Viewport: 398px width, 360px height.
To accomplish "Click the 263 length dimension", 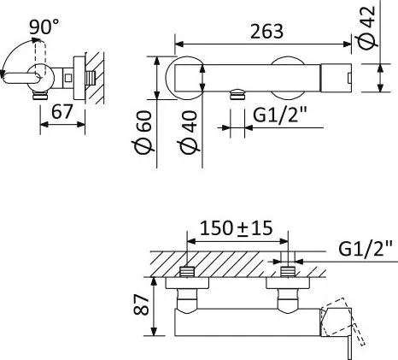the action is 266,32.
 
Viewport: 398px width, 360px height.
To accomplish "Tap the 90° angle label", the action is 44,27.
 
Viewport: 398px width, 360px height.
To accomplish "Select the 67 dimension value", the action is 62,112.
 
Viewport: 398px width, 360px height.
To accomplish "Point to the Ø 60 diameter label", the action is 143,132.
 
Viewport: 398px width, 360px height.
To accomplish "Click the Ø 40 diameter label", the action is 188,132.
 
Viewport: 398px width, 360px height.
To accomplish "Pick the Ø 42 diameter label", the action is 367,27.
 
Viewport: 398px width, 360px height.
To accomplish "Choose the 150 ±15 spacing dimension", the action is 237,228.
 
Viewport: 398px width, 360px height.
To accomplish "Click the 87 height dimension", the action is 142,304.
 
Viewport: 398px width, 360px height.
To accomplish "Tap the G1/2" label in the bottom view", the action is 366,249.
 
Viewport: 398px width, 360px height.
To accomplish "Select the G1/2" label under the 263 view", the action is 279,115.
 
